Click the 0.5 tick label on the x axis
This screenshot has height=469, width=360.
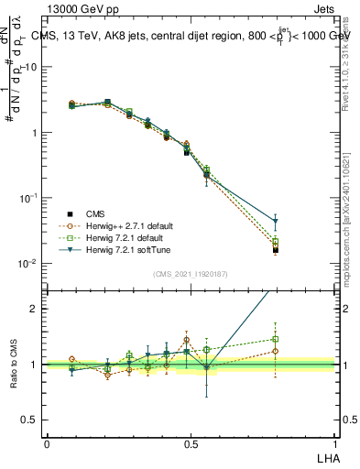coord(191,444)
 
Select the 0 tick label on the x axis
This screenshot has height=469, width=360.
coord(47,444)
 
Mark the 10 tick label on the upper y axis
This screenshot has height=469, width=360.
coord(30,67)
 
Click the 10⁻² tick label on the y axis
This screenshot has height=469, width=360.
coord(28,264)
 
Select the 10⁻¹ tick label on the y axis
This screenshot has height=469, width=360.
coord(28,198)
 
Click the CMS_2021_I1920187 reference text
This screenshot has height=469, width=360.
coord(190,274)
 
